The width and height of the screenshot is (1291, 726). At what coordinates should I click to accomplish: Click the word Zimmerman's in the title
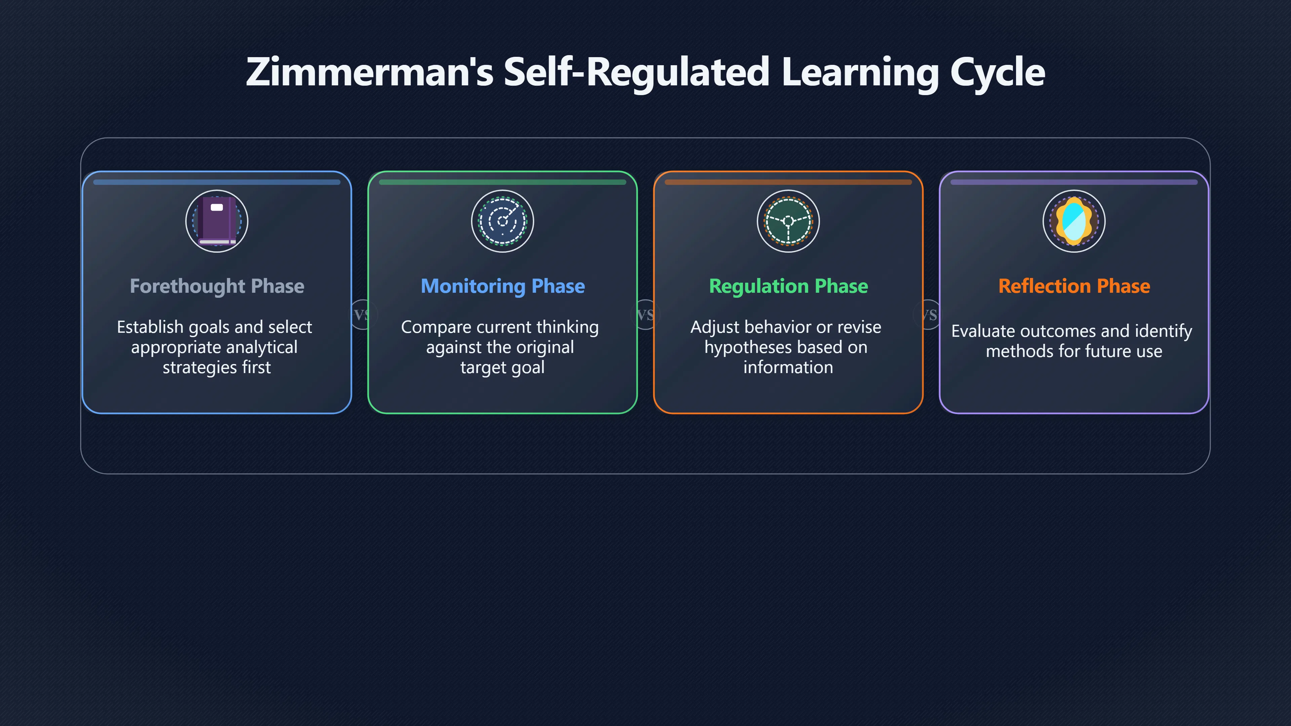point(369,72)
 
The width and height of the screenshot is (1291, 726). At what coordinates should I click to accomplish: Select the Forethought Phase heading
point(217,286)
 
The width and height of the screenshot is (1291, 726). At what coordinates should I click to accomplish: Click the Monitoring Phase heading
point(503,286)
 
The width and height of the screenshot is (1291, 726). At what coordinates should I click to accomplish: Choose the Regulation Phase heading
point(788,286)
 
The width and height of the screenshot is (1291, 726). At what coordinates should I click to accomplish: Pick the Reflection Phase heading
point(1074,286)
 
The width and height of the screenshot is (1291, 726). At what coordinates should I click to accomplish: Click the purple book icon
point(217,221)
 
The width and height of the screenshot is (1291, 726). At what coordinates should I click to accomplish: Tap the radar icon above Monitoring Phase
point(503,221)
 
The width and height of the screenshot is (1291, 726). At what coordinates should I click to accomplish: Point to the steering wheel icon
point(788,221)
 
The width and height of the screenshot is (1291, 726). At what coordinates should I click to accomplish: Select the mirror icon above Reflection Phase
point(1074,221)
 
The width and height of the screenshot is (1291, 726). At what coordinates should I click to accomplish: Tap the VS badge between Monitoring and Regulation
point(645,315)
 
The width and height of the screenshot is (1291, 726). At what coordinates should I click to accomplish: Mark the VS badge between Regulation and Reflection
point(929,315)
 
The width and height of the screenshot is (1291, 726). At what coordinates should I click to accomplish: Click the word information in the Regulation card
point(788,367)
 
